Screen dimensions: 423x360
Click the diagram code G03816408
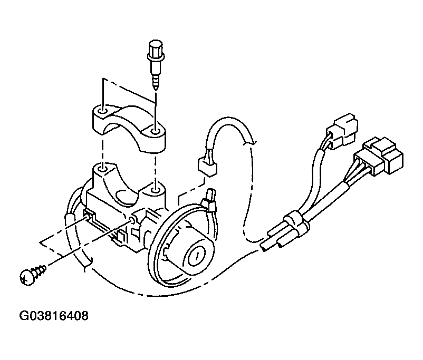point(54,316)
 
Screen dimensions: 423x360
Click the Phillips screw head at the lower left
point(27,277)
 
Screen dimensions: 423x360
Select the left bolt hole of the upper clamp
point(102,111)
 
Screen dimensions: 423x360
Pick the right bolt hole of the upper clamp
point(155,132)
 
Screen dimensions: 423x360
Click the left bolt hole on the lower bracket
point(102,170)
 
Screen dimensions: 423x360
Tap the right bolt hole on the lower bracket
point(155,191)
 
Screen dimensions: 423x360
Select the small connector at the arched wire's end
point(207,166)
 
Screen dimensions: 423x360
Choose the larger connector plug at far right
point(380,156)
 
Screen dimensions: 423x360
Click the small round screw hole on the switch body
point(132,220)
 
